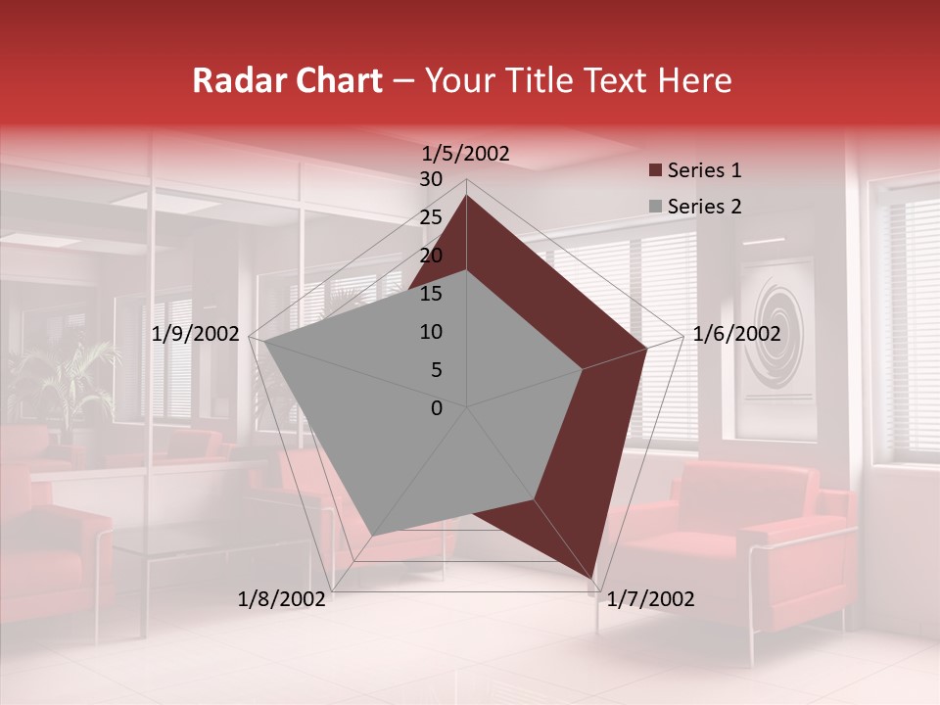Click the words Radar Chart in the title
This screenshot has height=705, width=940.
287,80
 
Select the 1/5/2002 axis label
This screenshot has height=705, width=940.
466,154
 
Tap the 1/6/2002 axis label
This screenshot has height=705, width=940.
736,334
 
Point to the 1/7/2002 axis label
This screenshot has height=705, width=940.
651,599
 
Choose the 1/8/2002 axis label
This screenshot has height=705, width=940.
282,599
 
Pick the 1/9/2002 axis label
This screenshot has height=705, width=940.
196,334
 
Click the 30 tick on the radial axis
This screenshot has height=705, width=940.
430,179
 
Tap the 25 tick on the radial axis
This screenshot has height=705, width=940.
430,217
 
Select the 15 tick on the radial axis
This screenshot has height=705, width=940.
430,294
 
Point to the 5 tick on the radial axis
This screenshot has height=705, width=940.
436,370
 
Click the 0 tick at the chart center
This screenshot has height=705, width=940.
437,408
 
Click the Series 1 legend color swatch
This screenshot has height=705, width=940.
655,171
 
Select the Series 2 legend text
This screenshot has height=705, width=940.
704,207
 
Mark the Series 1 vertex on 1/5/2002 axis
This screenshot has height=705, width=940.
467,196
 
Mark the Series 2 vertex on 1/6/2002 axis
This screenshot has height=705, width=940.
583,369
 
